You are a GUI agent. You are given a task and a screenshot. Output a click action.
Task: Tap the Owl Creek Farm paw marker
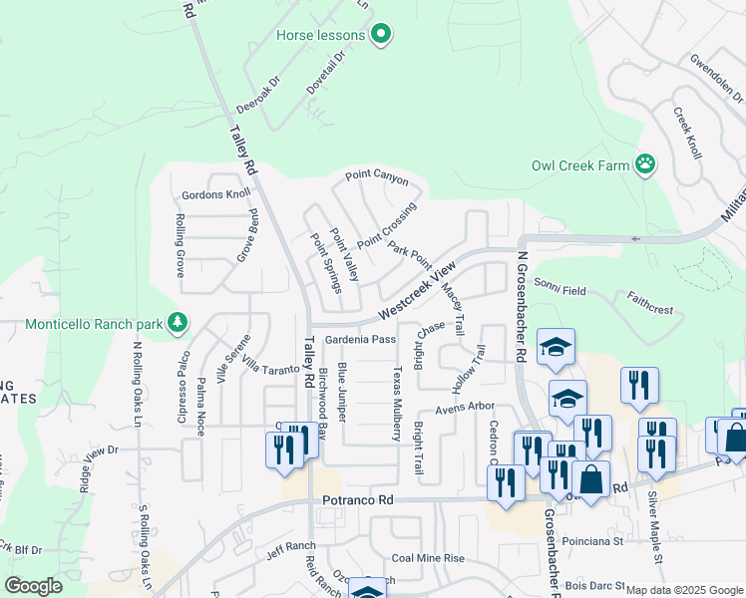tap(646, 163)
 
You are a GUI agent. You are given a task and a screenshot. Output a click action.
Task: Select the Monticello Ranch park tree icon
tap(177, 323)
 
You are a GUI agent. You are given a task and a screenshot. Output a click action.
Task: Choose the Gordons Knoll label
tap(215, 194)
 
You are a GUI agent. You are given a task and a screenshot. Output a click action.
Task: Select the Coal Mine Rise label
tap(429, 558)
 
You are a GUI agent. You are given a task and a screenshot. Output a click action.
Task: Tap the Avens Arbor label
tap(465, 407)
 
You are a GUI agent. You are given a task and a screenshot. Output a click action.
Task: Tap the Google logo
tap(34, 586)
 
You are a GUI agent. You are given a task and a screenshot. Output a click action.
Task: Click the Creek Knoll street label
tap(687, 134)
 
